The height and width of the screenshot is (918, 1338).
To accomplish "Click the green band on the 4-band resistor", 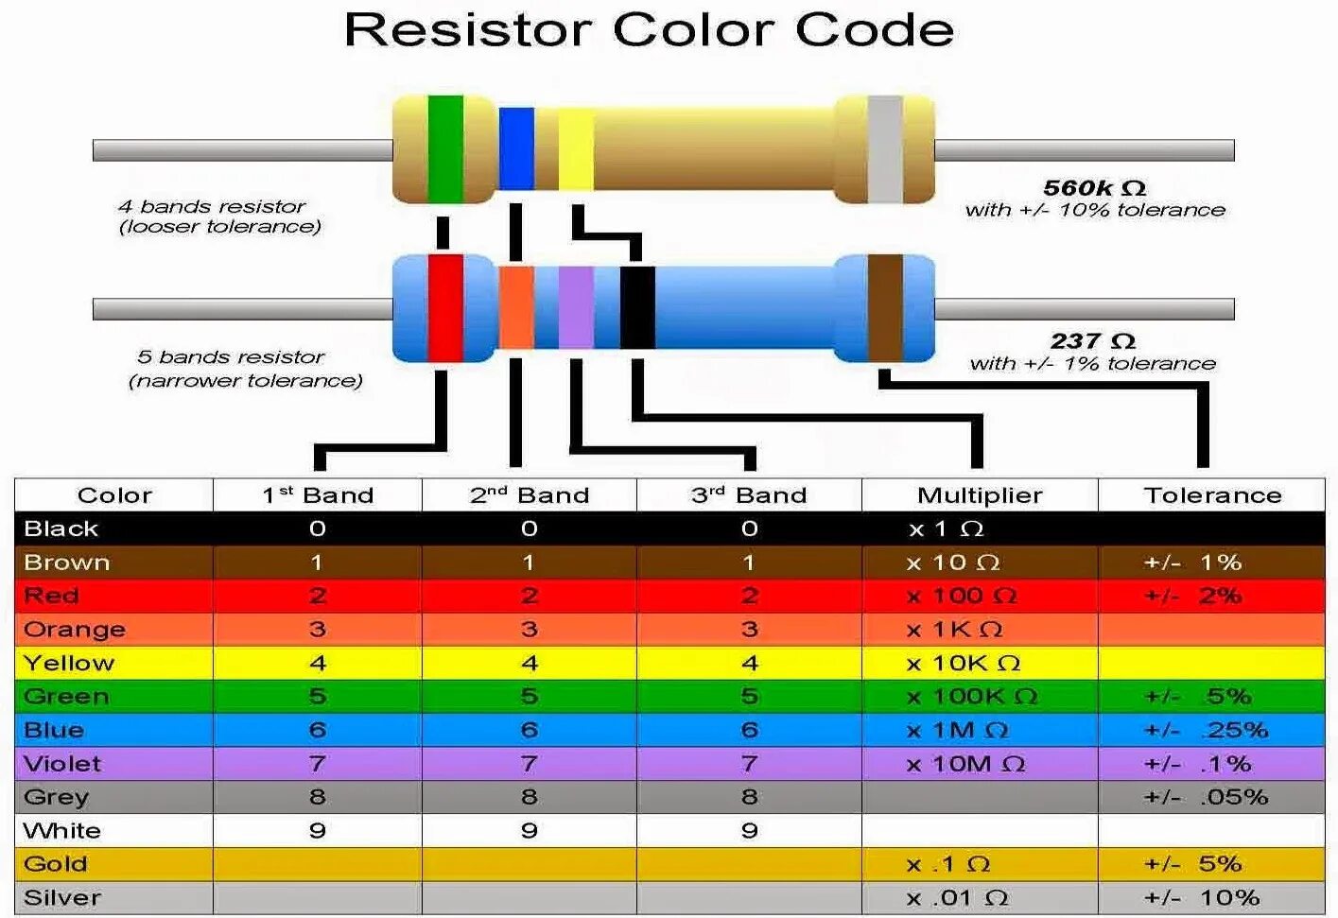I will point(445,148).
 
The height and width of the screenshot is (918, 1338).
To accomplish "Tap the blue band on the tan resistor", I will point(516,148).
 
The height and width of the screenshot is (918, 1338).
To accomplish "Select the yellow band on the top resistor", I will point(575,149).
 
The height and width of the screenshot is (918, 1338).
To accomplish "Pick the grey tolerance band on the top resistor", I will point(885,149).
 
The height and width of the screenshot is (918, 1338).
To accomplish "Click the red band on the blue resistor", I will point(445,307).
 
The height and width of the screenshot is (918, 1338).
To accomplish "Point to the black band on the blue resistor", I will point(637,307).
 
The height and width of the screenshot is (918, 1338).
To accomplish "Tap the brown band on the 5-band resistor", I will point(885,307).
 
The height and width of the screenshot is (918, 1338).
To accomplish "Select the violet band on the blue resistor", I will point(576,307).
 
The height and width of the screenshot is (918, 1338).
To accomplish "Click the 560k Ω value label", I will point(1094,188).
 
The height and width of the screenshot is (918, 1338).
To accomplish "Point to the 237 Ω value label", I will point(1092,341).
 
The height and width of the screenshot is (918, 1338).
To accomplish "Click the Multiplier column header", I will point(980,495).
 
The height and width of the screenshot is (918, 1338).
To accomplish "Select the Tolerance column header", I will point(1212,495).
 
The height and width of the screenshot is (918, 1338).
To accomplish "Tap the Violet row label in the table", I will point(62,764).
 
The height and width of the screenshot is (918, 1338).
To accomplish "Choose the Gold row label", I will point(56,864).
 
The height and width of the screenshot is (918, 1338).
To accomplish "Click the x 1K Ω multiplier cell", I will point(954,630).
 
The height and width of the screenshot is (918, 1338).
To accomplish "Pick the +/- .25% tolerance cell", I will point(1206,730).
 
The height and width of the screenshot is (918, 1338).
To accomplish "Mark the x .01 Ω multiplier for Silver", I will point(957,898).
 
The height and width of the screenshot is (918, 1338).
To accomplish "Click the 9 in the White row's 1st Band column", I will point(318,831).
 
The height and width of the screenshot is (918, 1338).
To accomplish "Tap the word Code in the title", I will point(874,30).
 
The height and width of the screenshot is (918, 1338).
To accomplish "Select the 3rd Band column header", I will point(748,495).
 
